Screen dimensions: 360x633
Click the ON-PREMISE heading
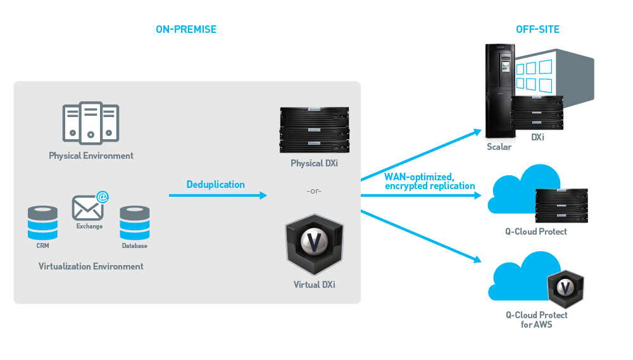(x=186, y=29)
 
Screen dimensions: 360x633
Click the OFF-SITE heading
(x=538, y=29)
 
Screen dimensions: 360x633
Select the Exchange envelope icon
(x=87, y=208)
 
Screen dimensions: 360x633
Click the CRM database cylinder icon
(x=42, y=222)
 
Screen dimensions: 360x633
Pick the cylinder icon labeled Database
(x=134, y=222)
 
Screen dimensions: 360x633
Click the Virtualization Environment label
(x=91, y=266)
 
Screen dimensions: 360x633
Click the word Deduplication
(x=215, y=185)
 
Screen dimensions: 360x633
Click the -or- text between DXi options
(x=313, y=190)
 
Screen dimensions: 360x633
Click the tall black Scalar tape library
(x=499, y=91)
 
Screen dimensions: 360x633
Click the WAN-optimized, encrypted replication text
(x=429, y=181)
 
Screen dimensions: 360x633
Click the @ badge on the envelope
(x=101, y=197)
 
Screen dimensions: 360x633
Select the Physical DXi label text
(x=313, y=164)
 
